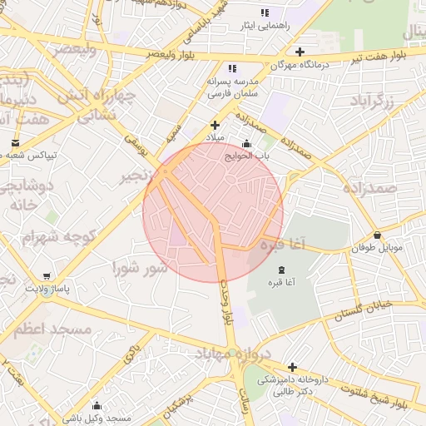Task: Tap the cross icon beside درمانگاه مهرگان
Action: tap(300, 52)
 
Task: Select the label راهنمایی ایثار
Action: tap(265, 26)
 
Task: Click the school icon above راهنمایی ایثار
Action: tap(265, 13)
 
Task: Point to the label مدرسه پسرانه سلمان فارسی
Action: tap(233, 88)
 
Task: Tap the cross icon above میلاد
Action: tap(215, 125)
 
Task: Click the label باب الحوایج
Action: tap(245, 154)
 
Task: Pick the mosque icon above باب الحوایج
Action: tap(245, 143)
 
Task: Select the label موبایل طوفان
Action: tap(377, 247)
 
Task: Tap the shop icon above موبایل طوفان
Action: tap(378, 235)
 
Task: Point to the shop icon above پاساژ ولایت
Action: tap(46, 276)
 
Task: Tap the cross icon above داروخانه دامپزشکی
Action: tap(292, 367)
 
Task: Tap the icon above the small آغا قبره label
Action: tap(280, 269)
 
